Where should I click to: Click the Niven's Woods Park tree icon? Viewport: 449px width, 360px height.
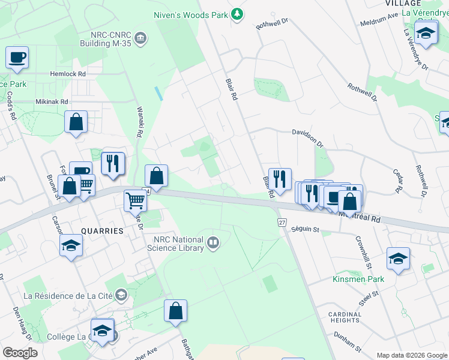tap(238, 13)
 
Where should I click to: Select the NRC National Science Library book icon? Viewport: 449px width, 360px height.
tap(212, 243)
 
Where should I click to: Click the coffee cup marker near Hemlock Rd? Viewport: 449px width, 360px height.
tap(17, 59)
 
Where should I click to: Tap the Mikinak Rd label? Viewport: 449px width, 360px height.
tap(52, 101)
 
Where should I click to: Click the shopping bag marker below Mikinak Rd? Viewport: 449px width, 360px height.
tap(76, 122)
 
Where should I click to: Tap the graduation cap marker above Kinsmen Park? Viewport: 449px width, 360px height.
tap(398, 259)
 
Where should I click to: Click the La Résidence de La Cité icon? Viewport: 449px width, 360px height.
tap(122, 295)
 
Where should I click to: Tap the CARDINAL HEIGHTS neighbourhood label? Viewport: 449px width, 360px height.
tap(345, 318)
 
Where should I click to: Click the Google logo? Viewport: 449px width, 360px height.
tap(20, 353)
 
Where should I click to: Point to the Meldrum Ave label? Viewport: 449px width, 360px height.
tap(380, 19)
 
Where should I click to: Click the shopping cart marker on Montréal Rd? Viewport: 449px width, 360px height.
tap(135, 202)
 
